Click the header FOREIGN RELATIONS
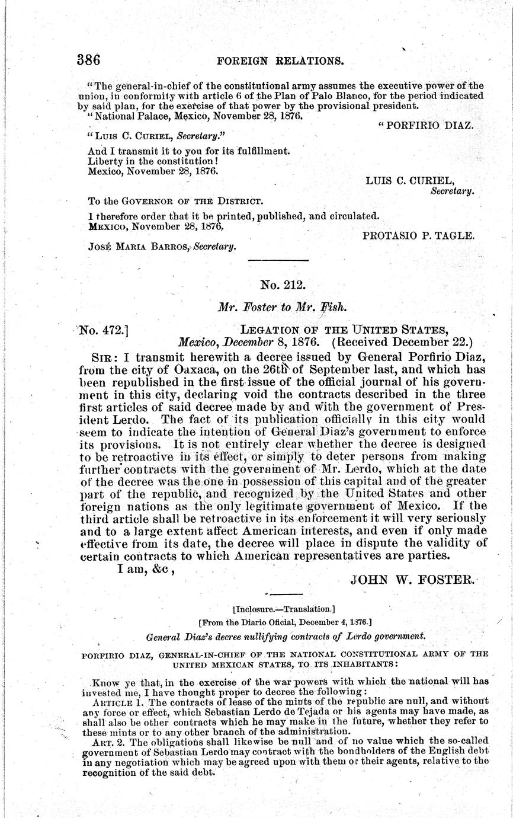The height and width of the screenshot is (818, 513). pyautogui.click(x=281, y=60)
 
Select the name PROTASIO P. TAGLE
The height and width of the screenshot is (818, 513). pyautogui.click(x=418, y=235)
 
